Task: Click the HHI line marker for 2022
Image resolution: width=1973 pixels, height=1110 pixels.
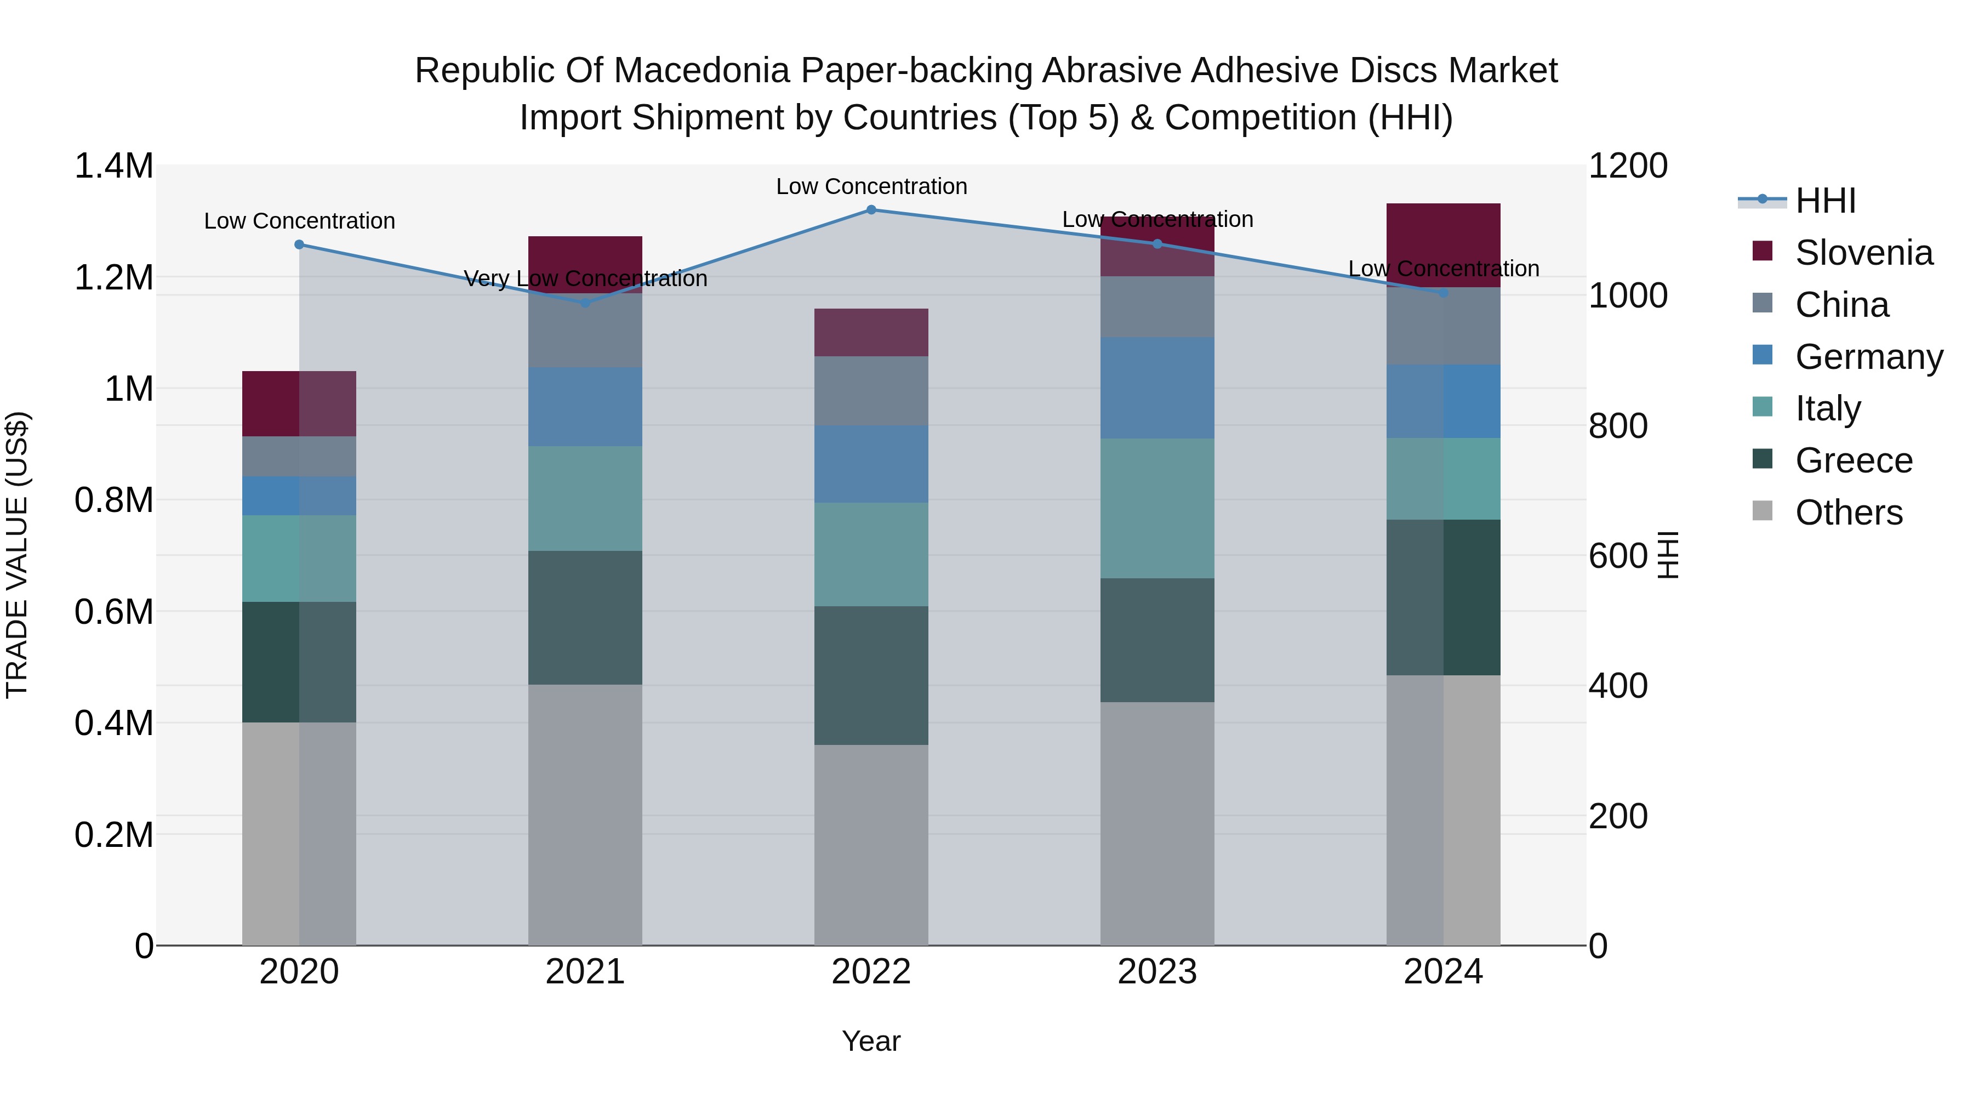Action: click(x=871, y=210)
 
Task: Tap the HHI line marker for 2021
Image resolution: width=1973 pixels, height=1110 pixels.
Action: click(x=585, y=303)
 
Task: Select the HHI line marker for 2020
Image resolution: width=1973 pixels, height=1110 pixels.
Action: click(x=299, y=245)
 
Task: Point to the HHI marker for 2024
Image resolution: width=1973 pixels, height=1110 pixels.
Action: click(x=1443, y=293)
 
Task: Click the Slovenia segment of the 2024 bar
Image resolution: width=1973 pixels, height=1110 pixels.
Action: click(x=1443, y=245)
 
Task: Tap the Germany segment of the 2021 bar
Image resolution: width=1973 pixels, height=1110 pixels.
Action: click(x=585, y=407)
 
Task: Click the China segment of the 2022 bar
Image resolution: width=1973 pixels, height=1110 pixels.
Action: click(x=871, y=391)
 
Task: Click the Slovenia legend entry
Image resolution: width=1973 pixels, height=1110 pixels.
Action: click(x=1863, y=253)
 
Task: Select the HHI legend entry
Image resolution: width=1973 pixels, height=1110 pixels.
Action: click(x=1825, y=201)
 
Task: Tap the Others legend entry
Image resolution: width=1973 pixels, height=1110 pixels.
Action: click(x=1848, y=513)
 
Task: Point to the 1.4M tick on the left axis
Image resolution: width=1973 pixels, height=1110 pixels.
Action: click(x=114, y=166)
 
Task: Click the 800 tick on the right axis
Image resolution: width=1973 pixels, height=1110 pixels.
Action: click(x=1618, y=426)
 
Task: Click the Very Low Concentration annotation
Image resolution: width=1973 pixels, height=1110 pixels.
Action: click(x=585, y=279)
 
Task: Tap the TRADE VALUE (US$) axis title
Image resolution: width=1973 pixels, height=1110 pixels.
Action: click(x=18, y=555)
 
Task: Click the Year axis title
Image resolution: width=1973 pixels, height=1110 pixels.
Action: click(x=871, y=1041)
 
